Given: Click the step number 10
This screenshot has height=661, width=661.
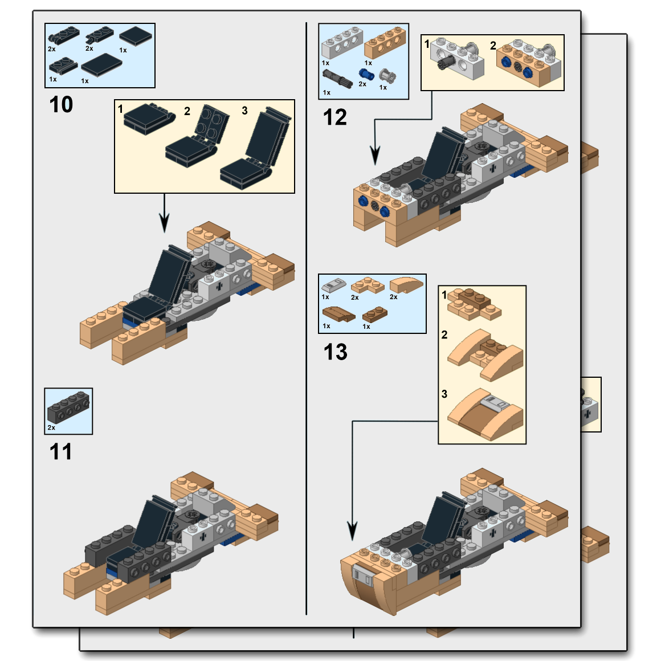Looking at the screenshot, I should coord(61,105).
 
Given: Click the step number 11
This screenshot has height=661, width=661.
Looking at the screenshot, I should coord(60,452).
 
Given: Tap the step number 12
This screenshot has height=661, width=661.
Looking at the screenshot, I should coord(334,118).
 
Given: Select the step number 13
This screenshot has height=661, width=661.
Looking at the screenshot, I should coord(335,352).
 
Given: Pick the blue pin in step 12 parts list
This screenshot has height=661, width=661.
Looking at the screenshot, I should coord(366,75).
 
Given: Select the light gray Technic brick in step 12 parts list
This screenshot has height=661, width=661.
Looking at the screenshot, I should coord(342,43).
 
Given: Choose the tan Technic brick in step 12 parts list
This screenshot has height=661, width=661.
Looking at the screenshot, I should coord(385,42).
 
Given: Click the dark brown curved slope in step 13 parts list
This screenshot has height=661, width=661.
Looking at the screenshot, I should coord(338,314).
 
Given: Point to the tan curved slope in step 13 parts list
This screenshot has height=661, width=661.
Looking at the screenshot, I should coord(406,283).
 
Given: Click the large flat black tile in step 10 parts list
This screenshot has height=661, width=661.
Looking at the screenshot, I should coord(101,64).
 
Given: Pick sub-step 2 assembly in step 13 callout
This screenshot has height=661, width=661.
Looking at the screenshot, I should coord(485,353).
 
